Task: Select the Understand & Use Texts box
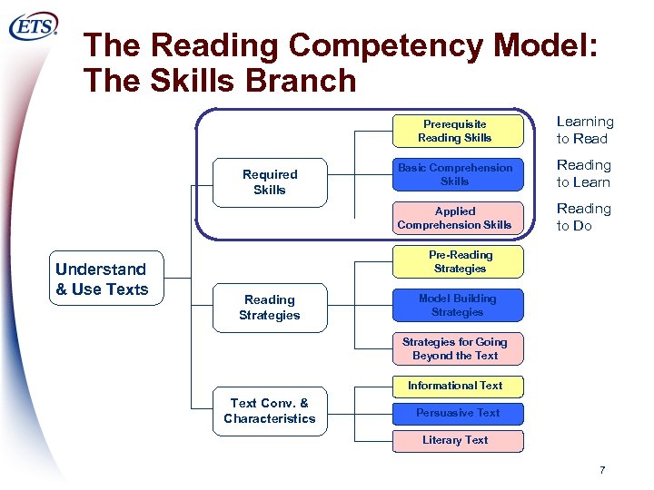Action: click(102, 279)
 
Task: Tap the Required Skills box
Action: click(270, 181)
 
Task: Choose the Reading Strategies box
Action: click(269, 308)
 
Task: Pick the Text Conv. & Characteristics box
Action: click(269, 411)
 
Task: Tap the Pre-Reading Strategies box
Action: click(459, 261)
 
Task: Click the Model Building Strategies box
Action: click(458, 305)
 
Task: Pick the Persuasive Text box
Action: click(458, 413)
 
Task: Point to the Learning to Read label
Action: click(585, 130)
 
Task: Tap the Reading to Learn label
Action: click(583, 173)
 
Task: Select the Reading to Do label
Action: click(583, 217)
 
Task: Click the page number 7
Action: click(601, 470)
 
